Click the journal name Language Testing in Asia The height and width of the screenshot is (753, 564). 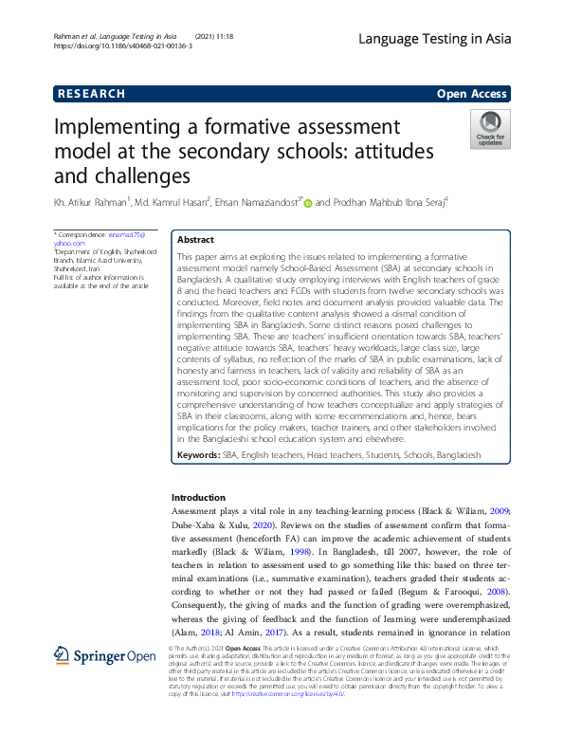tap(435, 38)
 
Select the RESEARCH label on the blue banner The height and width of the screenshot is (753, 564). tap(90, 93)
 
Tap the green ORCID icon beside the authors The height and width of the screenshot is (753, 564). tap(308, 202)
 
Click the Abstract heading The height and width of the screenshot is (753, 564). tap(196, 240)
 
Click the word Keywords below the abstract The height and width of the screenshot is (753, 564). tap(198, 456)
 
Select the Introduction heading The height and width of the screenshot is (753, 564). tap(198, 498)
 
